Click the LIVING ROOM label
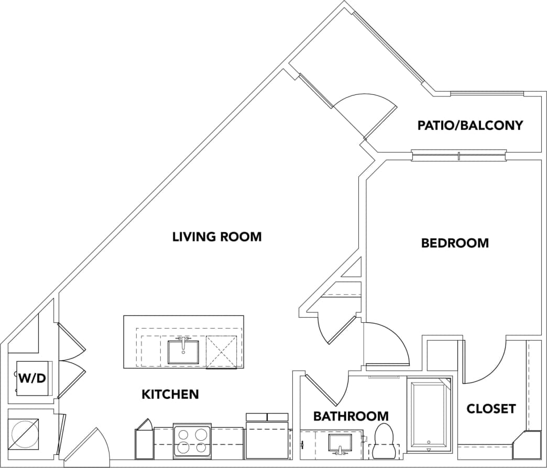tap(217, 237)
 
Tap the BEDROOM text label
tap(455, 243)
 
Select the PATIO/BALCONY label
tap(470, 126)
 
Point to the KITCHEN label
tap(170, 394)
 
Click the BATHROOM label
tap(351, 416)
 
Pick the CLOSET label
tap(491, 408)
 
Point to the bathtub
tap(429, 414)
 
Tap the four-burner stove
tap(191, 440)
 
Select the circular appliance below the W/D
tap(24, 433)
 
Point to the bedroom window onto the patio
tap(458, 155)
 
